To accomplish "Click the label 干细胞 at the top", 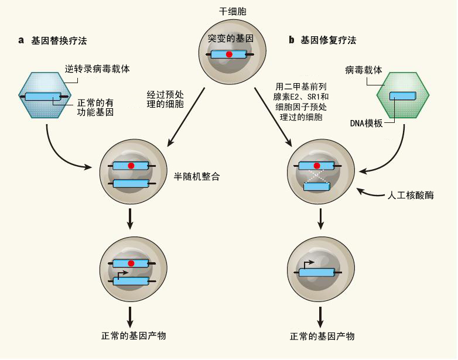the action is (233, 11).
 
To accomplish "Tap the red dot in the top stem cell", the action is (229, 54).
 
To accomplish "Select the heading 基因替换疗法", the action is (59, 40).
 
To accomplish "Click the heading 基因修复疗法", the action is (329, 40).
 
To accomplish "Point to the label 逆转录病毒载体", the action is (97, 69).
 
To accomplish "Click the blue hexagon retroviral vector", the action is (41, 95).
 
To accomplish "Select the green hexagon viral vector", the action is (403, 95).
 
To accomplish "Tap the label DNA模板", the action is (366, 123).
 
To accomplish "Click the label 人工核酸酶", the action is (411, 195).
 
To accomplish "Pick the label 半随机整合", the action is (197, 177).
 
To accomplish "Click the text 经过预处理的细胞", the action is (165, 100).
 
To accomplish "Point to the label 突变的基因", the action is (230, 38).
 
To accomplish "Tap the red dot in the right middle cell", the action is (317, 166).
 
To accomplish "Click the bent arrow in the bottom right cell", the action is (309, 264).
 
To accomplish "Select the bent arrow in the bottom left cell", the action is (121, 275).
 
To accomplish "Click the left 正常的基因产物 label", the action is (134, 336).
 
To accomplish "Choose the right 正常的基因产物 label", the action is (322, 337).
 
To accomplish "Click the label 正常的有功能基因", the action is (95, 108).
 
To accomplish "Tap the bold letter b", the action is (291, 40).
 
